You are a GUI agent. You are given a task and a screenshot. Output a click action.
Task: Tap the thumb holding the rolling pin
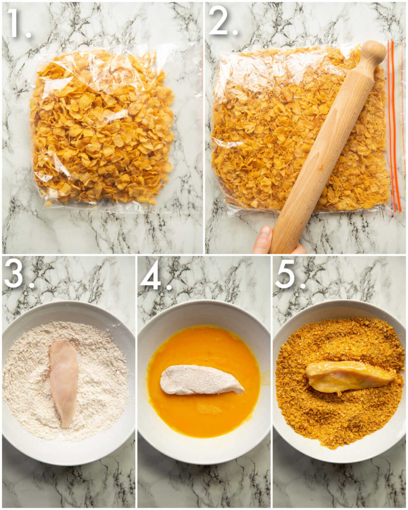tap(263, 240)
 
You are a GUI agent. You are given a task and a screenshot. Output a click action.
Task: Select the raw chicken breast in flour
tap(63, 382)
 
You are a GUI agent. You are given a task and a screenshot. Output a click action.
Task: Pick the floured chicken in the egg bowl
tap(200, 380)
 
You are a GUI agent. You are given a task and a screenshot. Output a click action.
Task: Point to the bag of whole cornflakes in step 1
tap(102, 128)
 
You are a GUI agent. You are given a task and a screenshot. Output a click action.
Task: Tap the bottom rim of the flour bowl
tap(68, 459)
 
